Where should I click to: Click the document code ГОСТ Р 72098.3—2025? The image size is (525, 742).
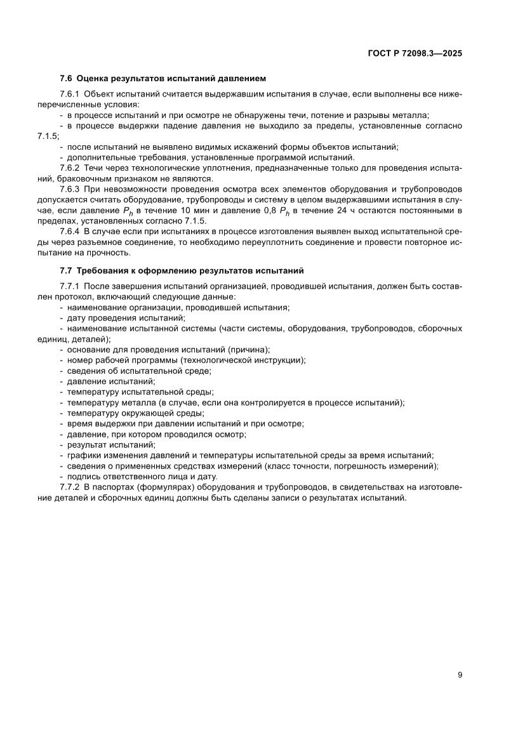coord(415,54)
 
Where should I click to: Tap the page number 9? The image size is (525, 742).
coord(459,675)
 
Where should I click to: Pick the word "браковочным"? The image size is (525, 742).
coord(83,178)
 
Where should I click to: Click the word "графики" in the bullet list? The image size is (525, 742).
coord(82,456)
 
